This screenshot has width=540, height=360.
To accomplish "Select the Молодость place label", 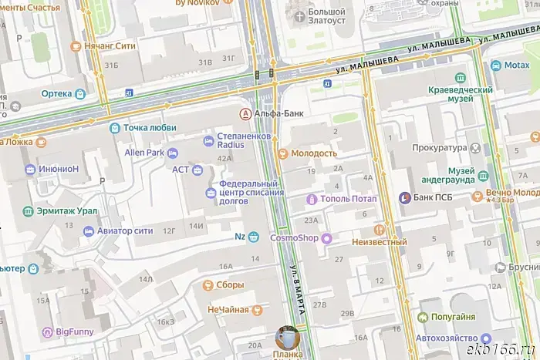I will [314, 153].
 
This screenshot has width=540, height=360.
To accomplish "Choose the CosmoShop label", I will [294, 238].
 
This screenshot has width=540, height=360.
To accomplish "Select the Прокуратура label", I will [440, 146].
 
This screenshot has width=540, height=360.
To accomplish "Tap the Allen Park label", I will [145, 153].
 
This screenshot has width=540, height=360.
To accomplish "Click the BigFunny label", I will [75, 332].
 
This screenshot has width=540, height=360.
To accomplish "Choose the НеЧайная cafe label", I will [228, 310].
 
